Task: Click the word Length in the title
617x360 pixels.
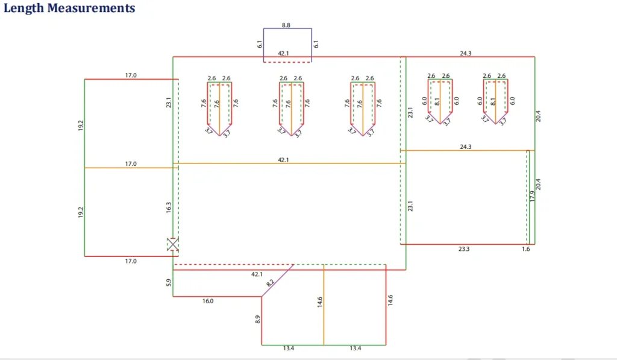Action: click(24, 8)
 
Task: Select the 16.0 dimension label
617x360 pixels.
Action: click(208, 300)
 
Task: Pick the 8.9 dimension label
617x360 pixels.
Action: click(257, 320)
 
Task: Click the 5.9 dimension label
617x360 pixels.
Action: click(169, 283)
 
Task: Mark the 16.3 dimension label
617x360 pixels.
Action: click(169, 207)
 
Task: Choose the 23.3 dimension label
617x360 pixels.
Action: click(464, 248)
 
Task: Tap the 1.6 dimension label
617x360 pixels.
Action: click(526, 248)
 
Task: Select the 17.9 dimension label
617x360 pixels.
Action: click(531, 197)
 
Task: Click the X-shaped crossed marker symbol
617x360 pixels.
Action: click(173, 244)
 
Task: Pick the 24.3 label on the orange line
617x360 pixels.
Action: click(465, 146)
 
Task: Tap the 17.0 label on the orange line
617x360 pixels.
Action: click(131, 163)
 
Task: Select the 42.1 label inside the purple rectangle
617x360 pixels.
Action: click(284, 53)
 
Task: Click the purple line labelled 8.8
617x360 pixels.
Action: click(287, 28)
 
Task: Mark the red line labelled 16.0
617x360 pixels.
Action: click(217, 296)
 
